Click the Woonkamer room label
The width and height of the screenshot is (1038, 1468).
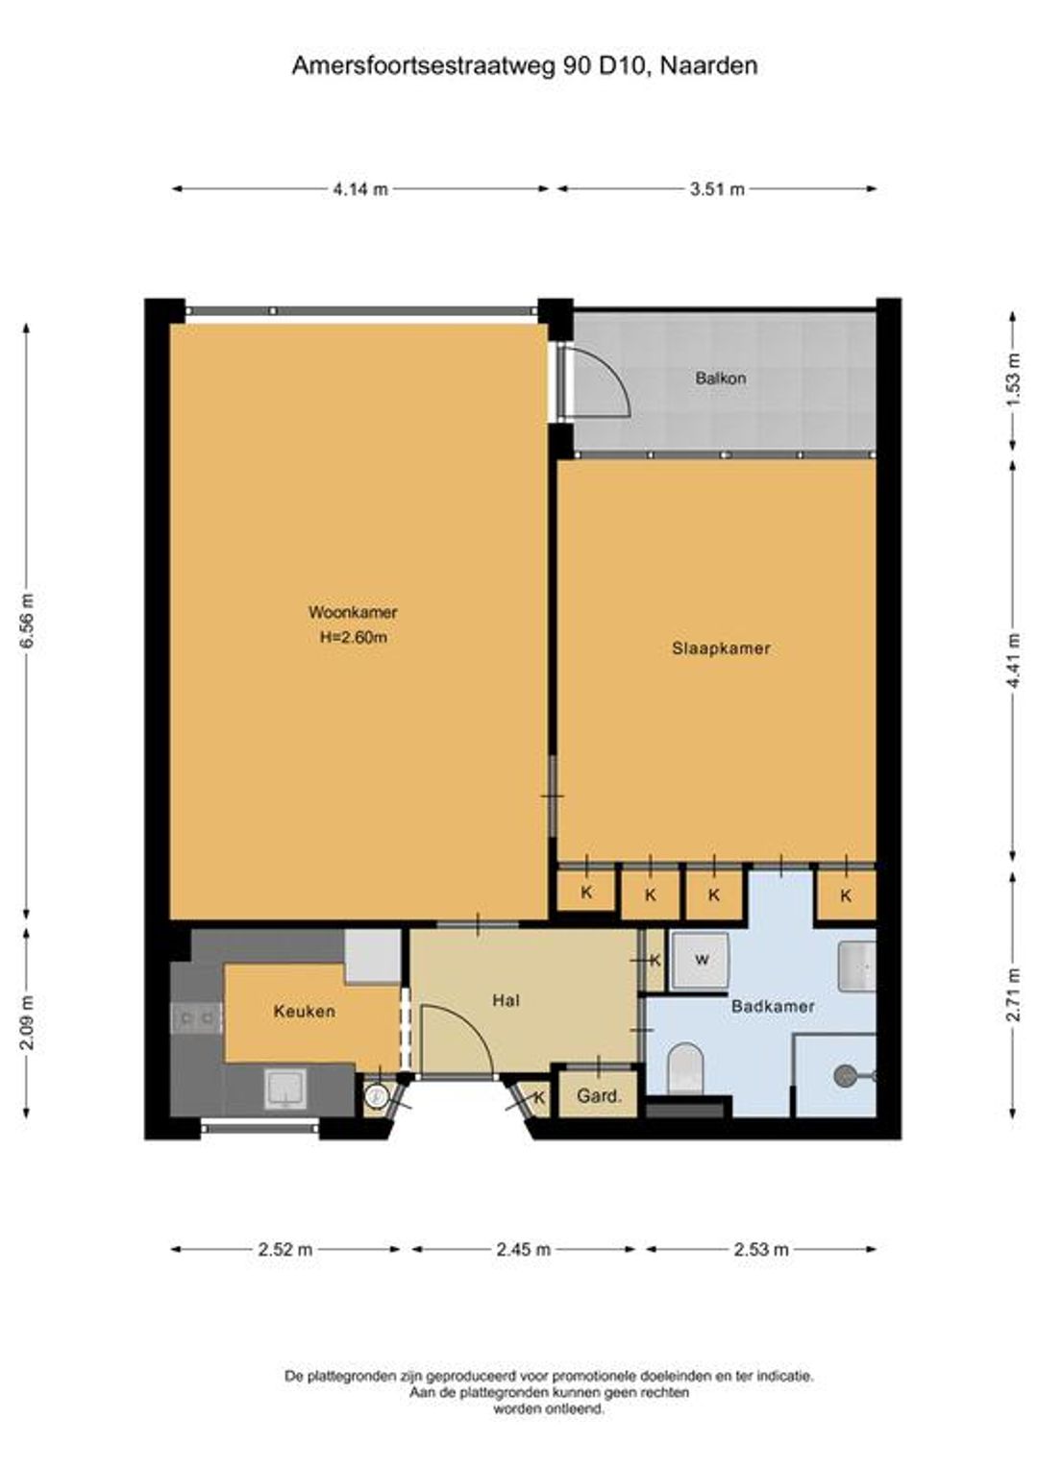(353, 613)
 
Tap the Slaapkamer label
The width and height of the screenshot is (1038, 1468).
(721, 648)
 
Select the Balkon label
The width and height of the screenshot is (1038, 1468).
(721, 379)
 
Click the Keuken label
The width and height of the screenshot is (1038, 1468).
(305, 1012)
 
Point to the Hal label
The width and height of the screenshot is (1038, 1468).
(506, 1001)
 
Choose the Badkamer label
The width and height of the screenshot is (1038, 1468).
(773, 1006)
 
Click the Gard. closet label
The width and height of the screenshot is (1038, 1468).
(599, 1095)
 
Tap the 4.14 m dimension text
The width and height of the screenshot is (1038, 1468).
(360, 189)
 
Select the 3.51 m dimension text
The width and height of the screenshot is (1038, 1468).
(717, 189)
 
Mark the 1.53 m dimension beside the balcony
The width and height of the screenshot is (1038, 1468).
(1014, 380)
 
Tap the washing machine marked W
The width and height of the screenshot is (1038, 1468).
(701, 961)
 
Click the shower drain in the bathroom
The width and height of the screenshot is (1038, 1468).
(845, 1075)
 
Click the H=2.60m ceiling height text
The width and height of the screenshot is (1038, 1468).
(353, 638)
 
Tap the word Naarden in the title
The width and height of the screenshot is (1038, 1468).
(708, 65)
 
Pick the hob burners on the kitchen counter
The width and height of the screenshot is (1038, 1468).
(197, 1017)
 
